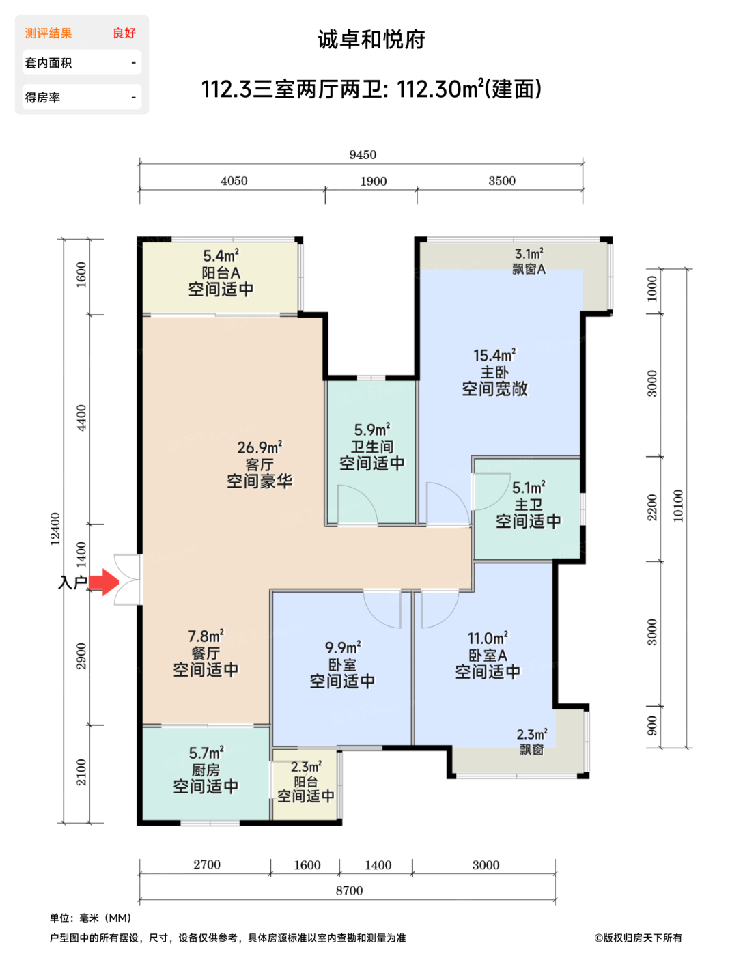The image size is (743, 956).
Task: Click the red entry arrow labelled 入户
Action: (x=104, y=582)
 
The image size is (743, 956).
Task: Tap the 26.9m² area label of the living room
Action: (x=260, y=447)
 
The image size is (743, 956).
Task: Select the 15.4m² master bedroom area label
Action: (x=494, y=354)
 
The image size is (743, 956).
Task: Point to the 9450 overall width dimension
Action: (x=363, y=155)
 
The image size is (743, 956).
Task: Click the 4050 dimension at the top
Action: (x=234, y=181)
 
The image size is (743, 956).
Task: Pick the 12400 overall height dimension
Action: (x=55, y=529)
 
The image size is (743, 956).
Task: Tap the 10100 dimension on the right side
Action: (x=678, y=505)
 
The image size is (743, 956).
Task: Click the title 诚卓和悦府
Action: (x=371, y=40)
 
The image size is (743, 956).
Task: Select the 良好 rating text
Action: (x=124, y=33)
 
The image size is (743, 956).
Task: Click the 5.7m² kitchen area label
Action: (x=206, y=753)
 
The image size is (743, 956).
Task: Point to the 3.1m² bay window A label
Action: (x=529, y=254)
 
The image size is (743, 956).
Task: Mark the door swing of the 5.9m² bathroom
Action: (x=357, y=505)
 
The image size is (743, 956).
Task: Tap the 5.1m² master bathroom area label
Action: (x=529, y=488)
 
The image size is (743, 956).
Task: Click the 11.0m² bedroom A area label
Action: (x=488, y=638)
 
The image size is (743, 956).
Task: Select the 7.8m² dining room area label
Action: (x=206, y=636)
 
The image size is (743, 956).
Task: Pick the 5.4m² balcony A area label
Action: (x=221, y=255)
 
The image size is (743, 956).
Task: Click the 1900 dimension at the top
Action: (x=373, y=181)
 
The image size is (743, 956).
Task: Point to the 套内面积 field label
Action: (x=48, y=63)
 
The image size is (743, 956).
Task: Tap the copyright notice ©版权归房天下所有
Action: (x=638, y=938)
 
